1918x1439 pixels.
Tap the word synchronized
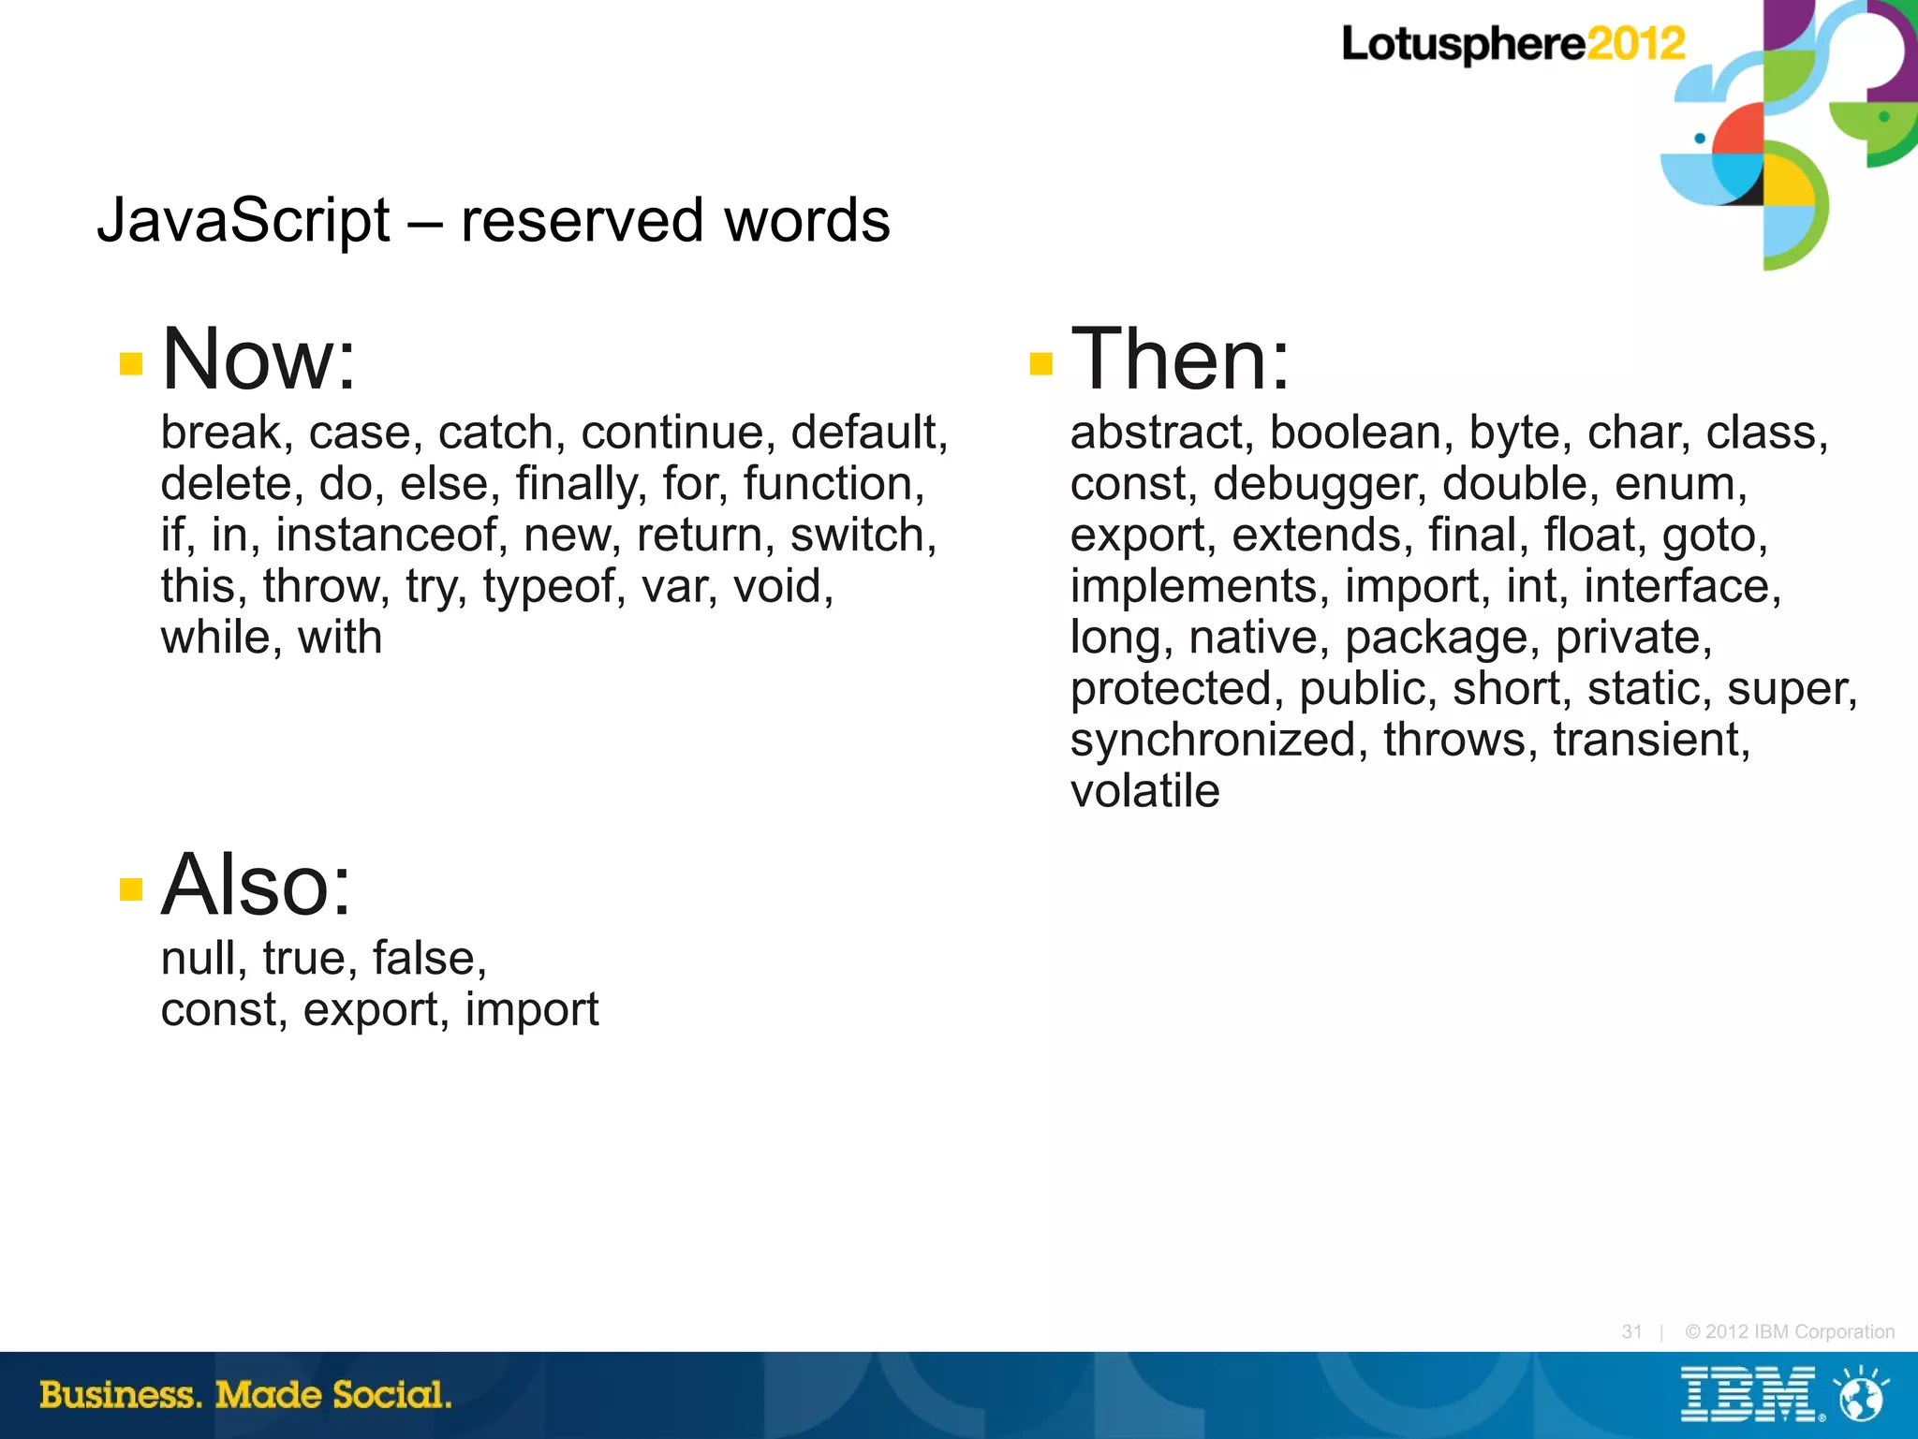tap(1213, 740)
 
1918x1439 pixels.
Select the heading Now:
tap(259, 359)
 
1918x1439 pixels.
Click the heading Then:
tap(1180, 359)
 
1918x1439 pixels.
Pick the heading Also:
tap(257, 885)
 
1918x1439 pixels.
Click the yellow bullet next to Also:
tap(131, 888)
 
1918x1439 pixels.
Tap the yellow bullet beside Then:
tap(1040, 363)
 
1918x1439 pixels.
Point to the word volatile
tap(1144, 791)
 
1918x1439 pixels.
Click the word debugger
tap(1319, 485)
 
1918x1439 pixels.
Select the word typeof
tap(553, 587)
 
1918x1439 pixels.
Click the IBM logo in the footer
tap(1748, 1395)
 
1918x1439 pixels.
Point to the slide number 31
tap(1631, 1331)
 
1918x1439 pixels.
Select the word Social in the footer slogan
tap(391, 1395)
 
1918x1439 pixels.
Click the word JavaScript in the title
tap(243, 221)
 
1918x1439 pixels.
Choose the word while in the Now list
tap(214, 638)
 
